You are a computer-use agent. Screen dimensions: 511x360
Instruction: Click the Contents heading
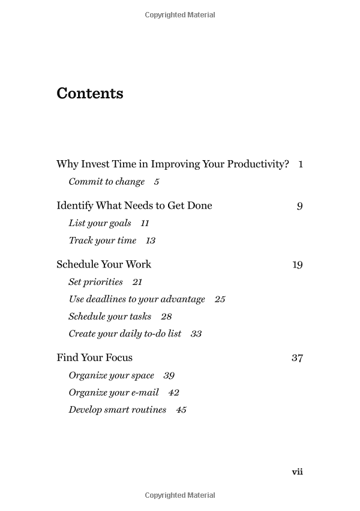[x=90, y=94]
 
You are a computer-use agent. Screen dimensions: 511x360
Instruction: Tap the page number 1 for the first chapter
[x=301, y=164]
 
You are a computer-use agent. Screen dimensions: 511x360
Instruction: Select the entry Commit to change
[x=107, y=182]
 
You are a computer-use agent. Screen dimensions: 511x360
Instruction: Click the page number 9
[x=299, y=206]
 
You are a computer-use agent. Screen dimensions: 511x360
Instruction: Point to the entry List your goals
[x=100, y=223]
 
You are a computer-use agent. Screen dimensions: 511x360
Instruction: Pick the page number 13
[x=150, y=241]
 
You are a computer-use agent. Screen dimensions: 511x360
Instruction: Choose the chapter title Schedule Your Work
[x=104, y=264]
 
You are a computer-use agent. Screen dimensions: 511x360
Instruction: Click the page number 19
[x=298, y=265]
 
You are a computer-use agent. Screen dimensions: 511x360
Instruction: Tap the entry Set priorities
[x=95, y=282]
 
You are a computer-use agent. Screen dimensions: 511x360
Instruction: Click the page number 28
[x=166, y=317]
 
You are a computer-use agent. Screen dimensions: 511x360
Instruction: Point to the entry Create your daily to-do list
[x=125, y=334]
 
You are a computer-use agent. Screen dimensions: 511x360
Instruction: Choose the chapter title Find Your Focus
[x=94, y=358]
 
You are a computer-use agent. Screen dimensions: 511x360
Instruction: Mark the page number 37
[x=297, y=358]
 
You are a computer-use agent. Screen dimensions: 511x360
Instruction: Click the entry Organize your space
[x=111, y=375]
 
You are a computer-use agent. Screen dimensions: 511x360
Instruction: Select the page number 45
[x=181, y=410]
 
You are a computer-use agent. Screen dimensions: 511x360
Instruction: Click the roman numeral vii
[x=297, y=472]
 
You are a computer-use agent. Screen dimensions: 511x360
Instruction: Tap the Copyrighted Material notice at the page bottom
[x=180, y=495]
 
